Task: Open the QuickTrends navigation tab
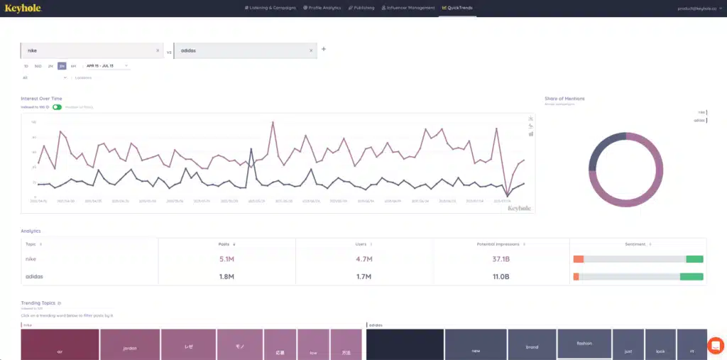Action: point(457,8)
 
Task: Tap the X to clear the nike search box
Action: point(158,50)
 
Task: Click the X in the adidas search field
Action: point(311,50)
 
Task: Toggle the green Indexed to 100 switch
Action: point(57,107)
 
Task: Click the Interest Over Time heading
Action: point(41,99)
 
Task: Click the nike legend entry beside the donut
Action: point(701,111)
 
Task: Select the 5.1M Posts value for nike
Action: point(226,259)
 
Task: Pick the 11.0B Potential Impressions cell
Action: point(501,276)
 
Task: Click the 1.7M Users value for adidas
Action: point(363,276)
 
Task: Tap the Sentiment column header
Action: point(635,244)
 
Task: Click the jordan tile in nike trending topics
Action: point(129,349)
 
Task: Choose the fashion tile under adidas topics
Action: point(584,343)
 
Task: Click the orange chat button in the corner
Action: point(716,346)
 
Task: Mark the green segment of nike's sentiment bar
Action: point(694,259)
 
